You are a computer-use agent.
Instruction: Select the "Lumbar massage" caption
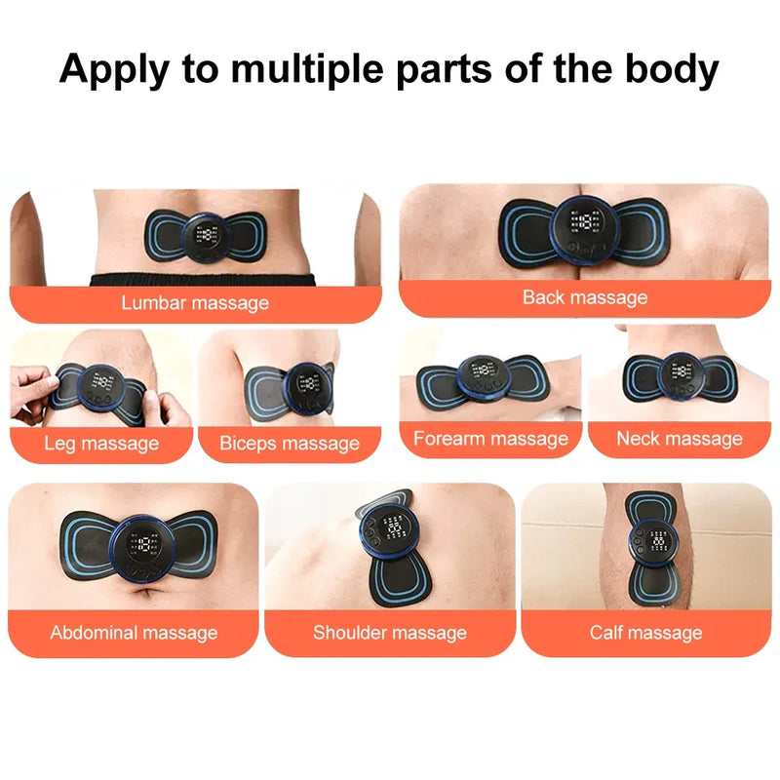click(x=195, y=303)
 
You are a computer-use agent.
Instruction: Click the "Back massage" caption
click(x=585, y=297)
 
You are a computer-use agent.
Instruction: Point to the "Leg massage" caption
click(x=101, y=444)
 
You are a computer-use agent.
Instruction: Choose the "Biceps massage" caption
click(x=290, y=444)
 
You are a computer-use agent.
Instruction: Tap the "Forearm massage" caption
click(x=490, y=439)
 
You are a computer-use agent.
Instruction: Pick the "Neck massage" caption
click(x=680, y=439)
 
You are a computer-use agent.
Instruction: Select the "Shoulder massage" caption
click(x=390, y=633)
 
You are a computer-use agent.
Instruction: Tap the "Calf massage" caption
click(x=645, y=633)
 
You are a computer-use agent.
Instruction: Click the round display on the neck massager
click(x=680, y=374)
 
